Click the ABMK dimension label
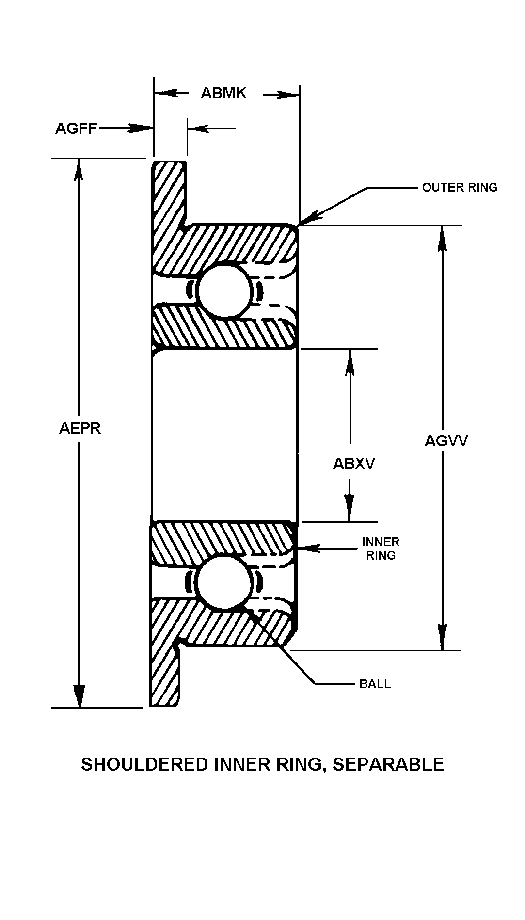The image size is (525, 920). (223, 93)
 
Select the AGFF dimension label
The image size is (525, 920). (76, 129)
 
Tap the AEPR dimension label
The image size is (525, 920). (80, 428)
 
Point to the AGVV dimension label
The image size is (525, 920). (446, 441)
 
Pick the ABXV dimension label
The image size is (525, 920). (354, 464)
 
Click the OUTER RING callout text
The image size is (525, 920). (460, 187)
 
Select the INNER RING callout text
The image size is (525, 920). (381, 549)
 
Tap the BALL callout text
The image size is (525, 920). (375, 684)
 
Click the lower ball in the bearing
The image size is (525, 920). (223, 582)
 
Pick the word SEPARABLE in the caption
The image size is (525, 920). (388, 764)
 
